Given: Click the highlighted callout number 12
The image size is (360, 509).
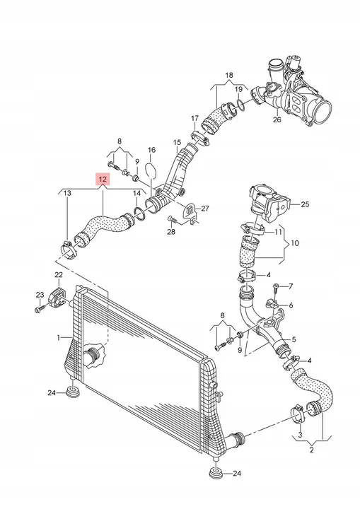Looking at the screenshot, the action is (103, 179).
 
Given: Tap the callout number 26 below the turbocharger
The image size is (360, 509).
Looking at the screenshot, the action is (277, 119).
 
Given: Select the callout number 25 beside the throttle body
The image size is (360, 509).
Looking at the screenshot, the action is (305, 204).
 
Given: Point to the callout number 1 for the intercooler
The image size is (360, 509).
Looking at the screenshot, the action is (59, 338).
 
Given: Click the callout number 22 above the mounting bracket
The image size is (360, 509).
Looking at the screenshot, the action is (59, 274).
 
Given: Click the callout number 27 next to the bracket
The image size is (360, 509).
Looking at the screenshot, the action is (205, 208).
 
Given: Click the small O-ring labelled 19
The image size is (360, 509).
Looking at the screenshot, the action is (240, 105).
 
